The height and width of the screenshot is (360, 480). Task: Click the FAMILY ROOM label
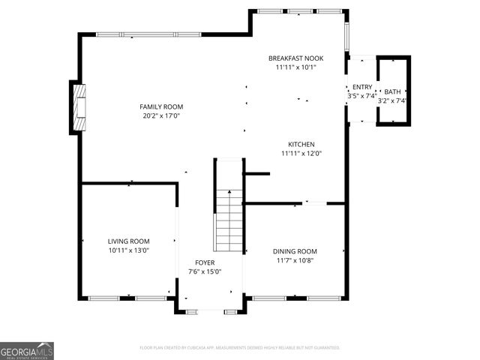click(x=161, y=106)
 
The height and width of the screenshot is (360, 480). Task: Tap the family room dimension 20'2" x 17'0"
click(x=161, y=115)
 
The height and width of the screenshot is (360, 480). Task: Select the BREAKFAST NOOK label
click(x=295, y=58)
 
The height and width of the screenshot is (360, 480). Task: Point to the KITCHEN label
click(x=301, y=145)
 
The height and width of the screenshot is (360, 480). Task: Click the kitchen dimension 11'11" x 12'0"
click(x=301, y=154)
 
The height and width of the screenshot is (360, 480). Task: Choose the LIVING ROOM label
click(x=129, y=241)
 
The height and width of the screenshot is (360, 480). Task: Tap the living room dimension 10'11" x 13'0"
click(x=129, y=250)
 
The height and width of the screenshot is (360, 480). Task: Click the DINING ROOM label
click(x=295, y=251)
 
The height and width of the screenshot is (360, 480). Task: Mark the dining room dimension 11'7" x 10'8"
click(x=295, y=260)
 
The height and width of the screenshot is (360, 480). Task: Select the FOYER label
click(x=205, y=262)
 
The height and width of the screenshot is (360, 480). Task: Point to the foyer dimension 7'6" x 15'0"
click(x=205, y=271)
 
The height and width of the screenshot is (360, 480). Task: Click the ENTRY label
click(x=361, y=87)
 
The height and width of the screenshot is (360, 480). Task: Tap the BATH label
click(x=392, y=91)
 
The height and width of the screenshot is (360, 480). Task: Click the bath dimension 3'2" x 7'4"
click(x=392, y=100)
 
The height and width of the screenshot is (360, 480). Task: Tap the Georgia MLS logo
click(x=27, y=350)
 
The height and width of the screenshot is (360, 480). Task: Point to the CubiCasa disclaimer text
click(x=240, y=348)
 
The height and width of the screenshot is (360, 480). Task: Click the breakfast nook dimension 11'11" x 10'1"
click(x=295, y=67)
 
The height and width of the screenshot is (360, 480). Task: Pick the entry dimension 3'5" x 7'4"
click(x=361, y=96)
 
